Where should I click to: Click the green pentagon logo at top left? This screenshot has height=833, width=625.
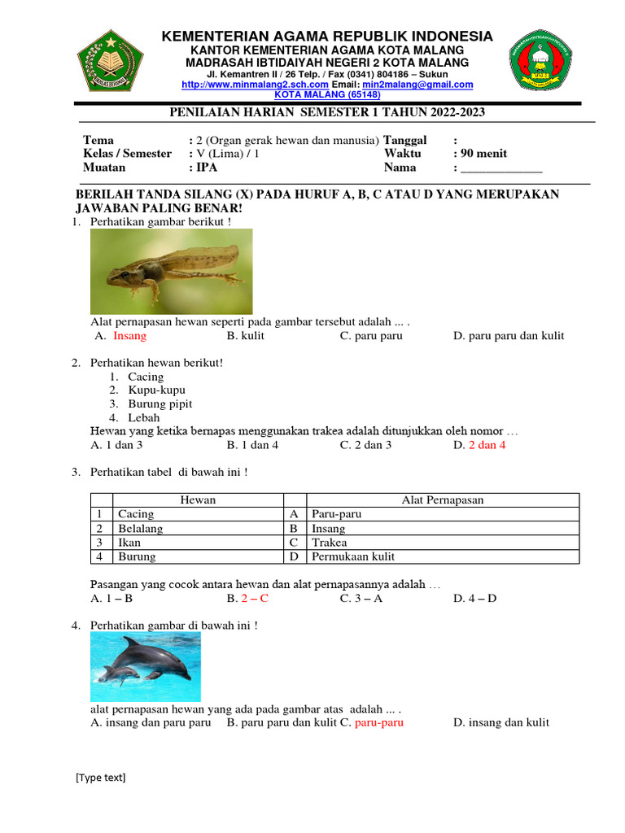(110, 62)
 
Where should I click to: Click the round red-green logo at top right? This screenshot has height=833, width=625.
(548, 63)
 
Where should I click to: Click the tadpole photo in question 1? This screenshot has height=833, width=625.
(171, 272)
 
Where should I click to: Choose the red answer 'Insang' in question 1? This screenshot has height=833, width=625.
(130, 336)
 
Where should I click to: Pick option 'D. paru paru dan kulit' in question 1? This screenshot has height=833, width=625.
(509, 336)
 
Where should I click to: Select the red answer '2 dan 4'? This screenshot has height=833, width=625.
(487, 445)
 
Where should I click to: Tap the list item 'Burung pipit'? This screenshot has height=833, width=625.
(160, 404)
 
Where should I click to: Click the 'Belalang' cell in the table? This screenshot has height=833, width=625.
(141, 529)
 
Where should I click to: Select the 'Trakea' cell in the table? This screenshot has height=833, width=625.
(329, 543)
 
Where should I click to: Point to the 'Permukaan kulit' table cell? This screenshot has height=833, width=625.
(352, 557)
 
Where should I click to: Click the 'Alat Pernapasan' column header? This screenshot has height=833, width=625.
(443, 500)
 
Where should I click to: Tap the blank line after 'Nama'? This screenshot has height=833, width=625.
(501, 168)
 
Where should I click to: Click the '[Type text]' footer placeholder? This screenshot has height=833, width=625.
(101, 778)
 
